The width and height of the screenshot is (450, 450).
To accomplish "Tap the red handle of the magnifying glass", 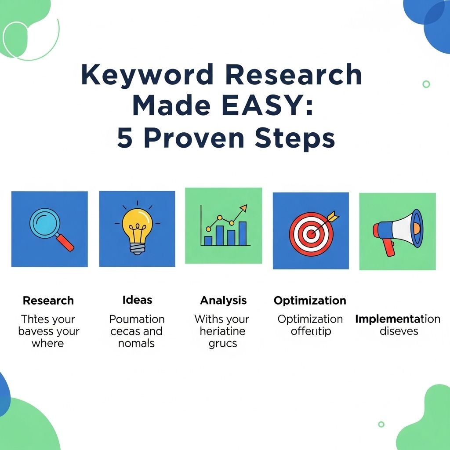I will tap(65, 242).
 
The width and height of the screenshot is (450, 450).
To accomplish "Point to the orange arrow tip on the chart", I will tap(243, 207).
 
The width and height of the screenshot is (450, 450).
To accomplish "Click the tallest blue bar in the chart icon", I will tap(243, 233).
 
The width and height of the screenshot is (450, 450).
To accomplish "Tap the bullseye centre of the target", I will tap(311, 234).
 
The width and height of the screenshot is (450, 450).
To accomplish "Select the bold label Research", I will tap(48, 301).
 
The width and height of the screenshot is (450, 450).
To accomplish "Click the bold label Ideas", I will tap(137, 300).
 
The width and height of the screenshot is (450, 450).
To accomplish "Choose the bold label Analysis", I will tap(223, 301).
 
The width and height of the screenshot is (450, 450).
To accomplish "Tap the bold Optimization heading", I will tap(310, 301).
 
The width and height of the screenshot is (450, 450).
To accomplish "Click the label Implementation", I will tap(397, 319).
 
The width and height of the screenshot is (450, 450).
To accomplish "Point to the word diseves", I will tap(399, 331).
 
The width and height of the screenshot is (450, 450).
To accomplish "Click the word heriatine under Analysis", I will tap(222, 331).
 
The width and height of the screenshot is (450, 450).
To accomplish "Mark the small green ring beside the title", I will tap(426, 84).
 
